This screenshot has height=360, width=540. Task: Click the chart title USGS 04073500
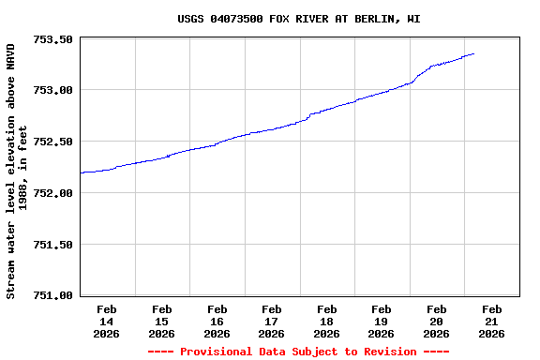298,19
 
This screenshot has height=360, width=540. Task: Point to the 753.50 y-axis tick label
54,39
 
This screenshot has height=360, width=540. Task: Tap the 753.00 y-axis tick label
54,90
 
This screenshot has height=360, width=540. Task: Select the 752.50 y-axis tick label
54,142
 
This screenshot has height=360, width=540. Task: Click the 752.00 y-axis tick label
54,193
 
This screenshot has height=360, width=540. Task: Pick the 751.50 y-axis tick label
54,245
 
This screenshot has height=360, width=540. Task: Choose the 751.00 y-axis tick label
54,295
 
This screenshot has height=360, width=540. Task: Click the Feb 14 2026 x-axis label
107,321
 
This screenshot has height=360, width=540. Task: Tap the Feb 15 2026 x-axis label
161,321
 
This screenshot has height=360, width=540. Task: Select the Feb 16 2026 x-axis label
217,321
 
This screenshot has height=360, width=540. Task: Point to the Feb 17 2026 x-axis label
272,321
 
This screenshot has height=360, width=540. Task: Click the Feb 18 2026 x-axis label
326,321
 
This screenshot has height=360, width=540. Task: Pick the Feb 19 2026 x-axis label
382,321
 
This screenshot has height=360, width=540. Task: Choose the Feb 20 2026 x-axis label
437,321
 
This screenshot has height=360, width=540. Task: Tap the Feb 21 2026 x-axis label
492,321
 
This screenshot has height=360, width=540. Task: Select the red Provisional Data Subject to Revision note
298,352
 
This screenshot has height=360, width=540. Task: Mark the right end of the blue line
473,53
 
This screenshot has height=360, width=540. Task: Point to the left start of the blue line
82,172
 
